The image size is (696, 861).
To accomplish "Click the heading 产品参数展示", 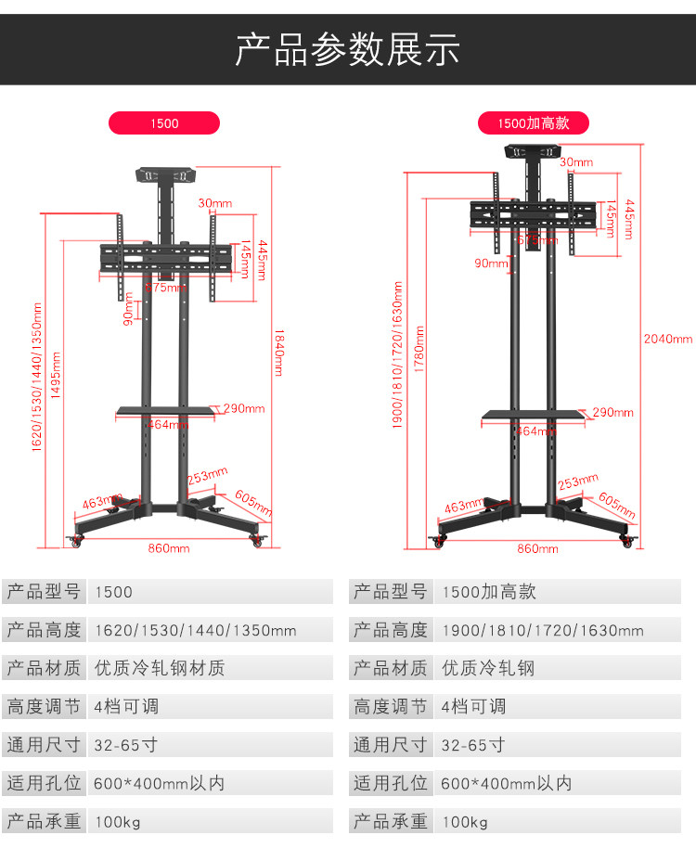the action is tap(347, 49).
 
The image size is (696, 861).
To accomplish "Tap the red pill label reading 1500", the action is tap(164, 122).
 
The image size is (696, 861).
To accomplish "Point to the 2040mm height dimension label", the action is tap(668, 339).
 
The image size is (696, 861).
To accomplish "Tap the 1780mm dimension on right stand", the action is tap(419, 349).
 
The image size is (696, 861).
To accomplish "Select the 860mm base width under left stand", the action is tap(168, 548).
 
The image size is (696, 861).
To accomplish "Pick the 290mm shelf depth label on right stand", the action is tap(612, 412).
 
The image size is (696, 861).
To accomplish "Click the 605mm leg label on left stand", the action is tap(253, 503).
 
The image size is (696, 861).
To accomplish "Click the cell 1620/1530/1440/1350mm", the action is tap(195, 630).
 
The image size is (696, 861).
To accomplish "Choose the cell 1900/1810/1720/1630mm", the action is tap(542, 630).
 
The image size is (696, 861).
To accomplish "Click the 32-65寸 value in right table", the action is tap(472, 745).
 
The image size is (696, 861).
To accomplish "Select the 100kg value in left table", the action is tap(117, 822).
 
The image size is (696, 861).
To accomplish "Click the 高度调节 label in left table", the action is tap(44, 707).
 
